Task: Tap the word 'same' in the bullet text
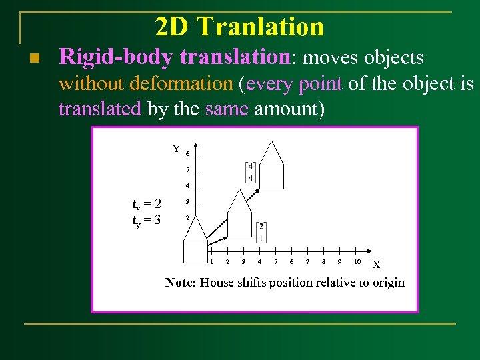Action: point(227,108)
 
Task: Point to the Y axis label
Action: point(176,149)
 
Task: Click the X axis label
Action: point(376,265)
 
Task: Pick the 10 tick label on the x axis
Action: point(357,261)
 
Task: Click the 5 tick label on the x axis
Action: point(275,261)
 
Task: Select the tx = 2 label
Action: point(147,203)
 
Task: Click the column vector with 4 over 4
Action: point(250,172)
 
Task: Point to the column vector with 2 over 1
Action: point(261,232)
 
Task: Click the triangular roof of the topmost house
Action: point(271,153)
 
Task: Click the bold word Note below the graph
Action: point(180,283)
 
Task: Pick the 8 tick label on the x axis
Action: point(323,261)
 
